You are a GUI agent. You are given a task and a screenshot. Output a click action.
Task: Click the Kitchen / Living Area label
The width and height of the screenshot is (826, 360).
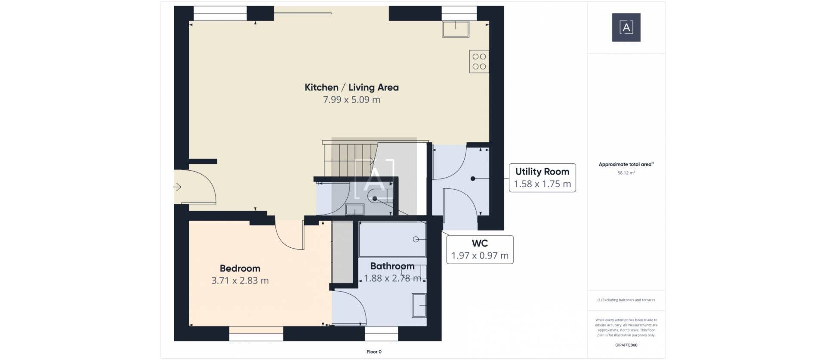[351, 87]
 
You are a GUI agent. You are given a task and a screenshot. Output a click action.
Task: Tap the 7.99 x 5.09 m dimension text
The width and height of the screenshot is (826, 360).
[351, 100]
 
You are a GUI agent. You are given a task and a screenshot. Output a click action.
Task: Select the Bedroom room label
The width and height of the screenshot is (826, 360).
[240, 268]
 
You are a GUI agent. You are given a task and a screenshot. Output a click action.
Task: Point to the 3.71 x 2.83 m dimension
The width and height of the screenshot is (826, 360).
[240, 281]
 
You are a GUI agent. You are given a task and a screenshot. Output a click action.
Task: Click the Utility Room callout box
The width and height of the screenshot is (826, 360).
[542, 178]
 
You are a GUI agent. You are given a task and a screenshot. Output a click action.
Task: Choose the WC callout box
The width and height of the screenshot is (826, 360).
[480, 249]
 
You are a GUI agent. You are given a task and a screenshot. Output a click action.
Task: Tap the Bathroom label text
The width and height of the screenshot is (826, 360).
[392, 266]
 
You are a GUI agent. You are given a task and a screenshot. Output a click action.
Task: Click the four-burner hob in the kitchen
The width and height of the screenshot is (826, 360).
[479, 62]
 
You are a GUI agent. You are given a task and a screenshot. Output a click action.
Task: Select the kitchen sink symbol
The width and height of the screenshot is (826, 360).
[456, 28]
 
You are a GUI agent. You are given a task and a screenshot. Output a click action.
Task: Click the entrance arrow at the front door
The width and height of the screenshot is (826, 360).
[177, 187]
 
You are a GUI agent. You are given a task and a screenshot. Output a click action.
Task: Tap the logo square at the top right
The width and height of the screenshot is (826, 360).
[626, 28]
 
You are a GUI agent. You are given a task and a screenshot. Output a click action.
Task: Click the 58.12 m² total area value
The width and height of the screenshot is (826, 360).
[626, 173]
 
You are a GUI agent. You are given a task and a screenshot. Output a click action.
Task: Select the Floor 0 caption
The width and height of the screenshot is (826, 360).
[374, 352]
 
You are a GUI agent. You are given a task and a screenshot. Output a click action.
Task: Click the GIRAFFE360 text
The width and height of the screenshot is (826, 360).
[626, 345]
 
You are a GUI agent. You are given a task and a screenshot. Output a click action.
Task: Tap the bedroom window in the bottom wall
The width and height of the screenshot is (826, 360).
[256, 333]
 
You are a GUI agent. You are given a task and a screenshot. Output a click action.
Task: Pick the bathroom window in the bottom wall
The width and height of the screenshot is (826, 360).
[381, 333]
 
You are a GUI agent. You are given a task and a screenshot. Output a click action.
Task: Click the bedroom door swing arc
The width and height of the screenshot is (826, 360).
[287, 239]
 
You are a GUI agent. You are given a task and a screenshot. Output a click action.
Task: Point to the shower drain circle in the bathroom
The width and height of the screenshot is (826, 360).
[416, 240]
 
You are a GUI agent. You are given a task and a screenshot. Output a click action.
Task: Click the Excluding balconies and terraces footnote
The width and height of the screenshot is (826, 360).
[626, 300]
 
